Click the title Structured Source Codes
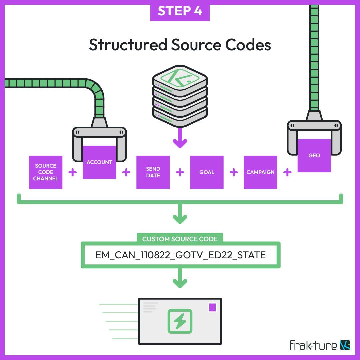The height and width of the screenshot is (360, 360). (x=180, y=45)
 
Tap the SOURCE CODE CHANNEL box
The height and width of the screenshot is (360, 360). (x=46, y=172)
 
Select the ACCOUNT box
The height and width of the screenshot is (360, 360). (x=99, y=162)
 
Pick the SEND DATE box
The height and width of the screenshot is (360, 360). (x=153, y=172)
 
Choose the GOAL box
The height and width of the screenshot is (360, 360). (x=207, y=172)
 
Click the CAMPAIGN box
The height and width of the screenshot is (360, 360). (x=260, y=172)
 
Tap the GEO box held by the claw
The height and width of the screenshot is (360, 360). (x=314, y=156)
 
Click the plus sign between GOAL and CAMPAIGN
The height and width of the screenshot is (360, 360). (x=234, y=172)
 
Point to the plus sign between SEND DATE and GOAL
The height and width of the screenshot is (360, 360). (x=180, y=172)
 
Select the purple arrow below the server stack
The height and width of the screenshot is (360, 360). (x=180, y=140)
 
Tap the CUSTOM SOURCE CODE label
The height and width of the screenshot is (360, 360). (x=180, y=239)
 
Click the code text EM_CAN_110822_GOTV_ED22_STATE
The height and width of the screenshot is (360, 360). (x=180, y=255)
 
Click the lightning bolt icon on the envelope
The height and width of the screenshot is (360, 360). (x=180, y=321)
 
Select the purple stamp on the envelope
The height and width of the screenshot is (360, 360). (x=212, y=307)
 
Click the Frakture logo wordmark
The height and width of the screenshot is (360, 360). (x=313, y=345)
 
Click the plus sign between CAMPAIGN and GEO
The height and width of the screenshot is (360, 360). (x=287, y=172)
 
